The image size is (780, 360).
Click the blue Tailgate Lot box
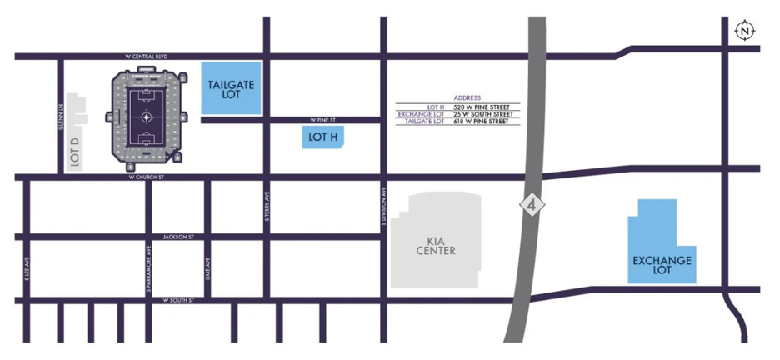click(x=231, y=89)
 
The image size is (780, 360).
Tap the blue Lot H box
click(x=322, y=137)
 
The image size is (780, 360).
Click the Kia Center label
click(x=435, y=245)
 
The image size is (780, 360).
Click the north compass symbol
click(x=744, y=32)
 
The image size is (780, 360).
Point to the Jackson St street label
click(x=178, y=237)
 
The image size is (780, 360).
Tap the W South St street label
click(x=178, y=299)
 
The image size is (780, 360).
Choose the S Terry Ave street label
click(x=267, y=206)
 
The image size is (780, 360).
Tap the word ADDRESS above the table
click(x=467, y=98)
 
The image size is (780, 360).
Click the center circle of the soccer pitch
click(x=147, y=117)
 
